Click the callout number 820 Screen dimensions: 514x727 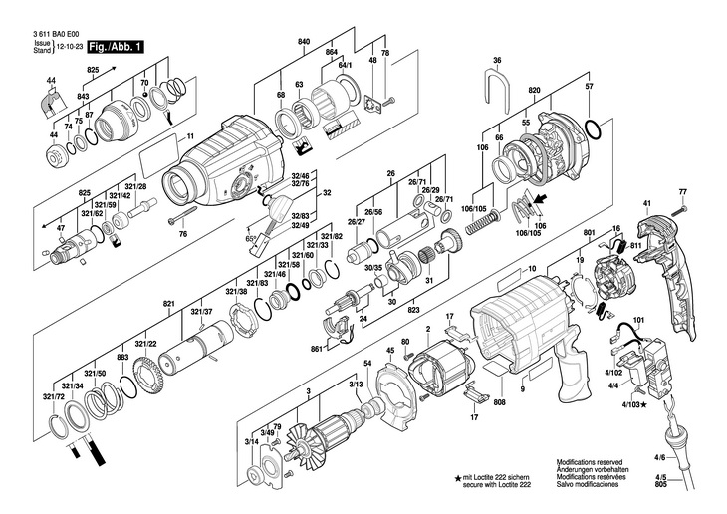534,90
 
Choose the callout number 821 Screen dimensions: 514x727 169,302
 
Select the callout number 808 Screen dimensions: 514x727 499,402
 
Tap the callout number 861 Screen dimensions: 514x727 316,349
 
